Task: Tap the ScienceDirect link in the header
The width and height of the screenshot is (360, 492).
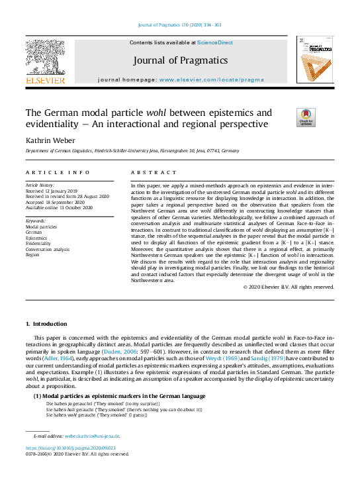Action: (x=215, y=42)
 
